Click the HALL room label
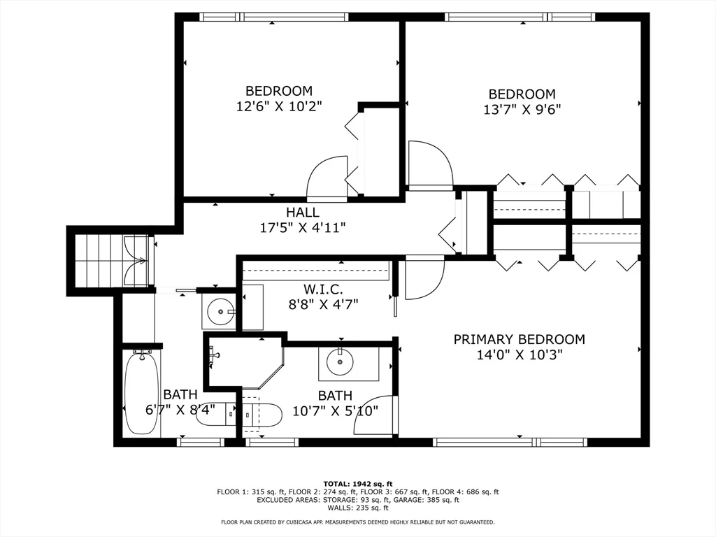coord(302,212)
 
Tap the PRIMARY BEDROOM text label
coord(519,339)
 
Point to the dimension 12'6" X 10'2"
coord(278,106)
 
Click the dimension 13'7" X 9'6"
coord(522,109)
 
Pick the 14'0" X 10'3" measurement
coord(519,355)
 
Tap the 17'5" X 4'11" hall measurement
coord(302,227)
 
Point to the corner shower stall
coord(241,360)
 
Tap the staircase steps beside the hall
coord(98,260)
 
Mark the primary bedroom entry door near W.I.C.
coord(423,278)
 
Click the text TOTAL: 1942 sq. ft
coord(357,484)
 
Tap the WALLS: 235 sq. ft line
coord(357,508)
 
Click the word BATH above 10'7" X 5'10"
coord(335,396)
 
